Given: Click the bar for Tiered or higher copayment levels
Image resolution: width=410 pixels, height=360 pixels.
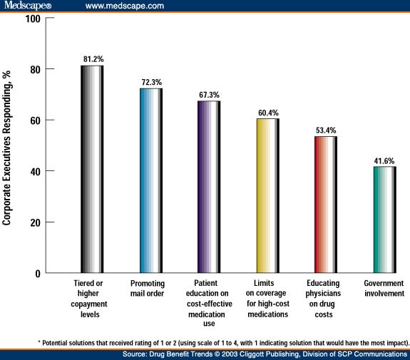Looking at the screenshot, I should tap(92, 170).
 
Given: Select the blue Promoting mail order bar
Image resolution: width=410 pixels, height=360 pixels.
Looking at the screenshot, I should tap(150, 181).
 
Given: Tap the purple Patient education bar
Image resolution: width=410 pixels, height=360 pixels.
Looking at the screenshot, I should tap(209, 187).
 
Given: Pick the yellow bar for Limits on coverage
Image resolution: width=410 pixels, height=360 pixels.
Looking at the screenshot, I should tap(267, 196).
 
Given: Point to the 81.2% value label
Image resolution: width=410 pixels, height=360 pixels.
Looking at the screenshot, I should tap(92, 58).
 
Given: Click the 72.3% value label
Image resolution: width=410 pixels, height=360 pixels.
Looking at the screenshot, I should tap(150, 81).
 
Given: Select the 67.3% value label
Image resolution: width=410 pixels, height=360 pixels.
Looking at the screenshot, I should tap(209, 94).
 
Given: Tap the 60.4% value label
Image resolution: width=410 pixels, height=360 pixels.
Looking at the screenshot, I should tap(267, 112).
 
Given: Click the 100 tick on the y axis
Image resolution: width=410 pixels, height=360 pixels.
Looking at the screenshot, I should tap(32, 18).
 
